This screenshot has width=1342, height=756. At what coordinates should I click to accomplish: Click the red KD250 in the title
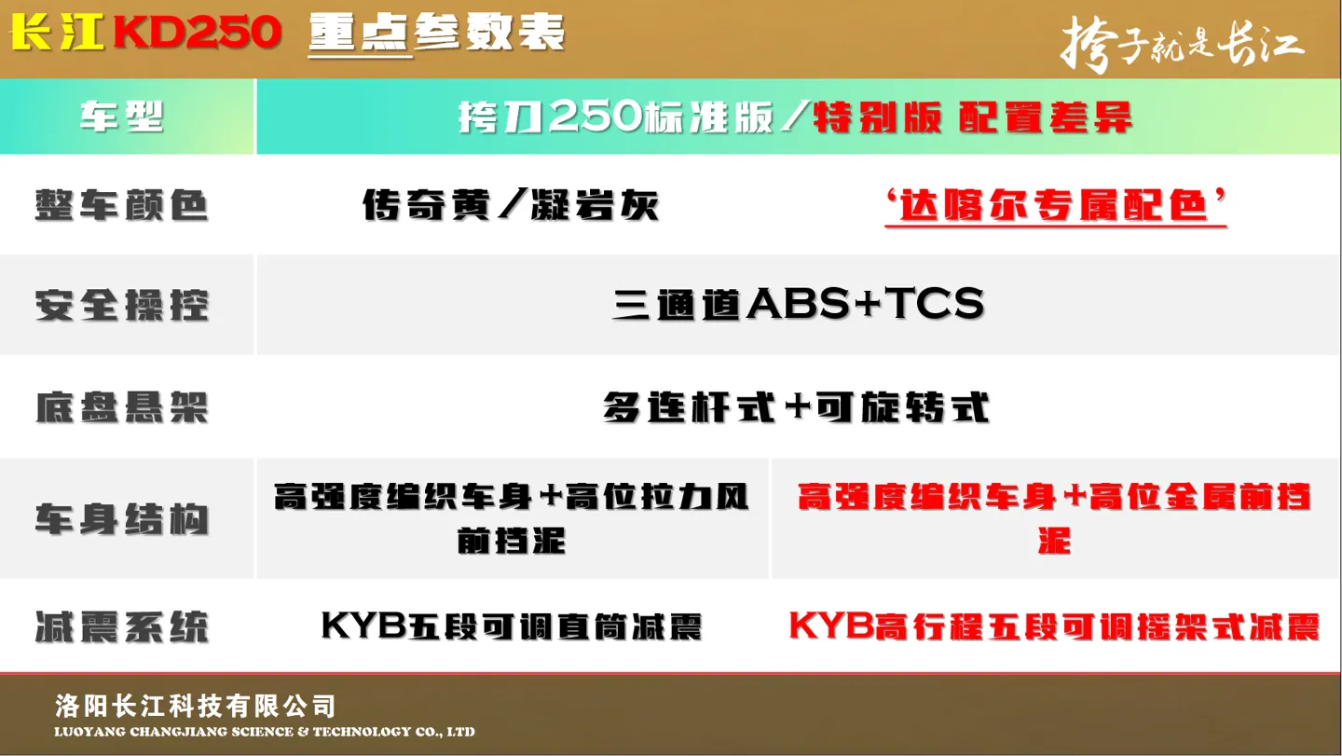pos(198,33)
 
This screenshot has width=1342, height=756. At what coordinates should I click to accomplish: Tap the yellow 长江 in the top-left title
pos(57,33)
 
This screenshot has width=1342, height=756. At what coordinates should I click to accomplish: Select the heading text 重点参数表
pos(437,33)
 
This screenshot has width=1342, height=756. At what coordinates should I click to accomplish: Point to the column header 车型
pos(121,117)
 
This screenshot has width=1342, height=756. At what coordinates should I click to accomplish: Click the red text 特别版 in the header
pos(877,117)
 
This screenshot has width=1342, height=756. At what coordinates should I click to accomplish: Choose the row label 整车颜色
pos(121,205)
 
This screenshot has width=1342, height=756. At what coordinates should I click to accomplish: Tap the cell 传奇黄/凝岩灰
pos(511,205)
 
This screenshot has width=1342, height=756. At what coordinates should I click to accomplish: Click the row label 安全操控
pos(121,305)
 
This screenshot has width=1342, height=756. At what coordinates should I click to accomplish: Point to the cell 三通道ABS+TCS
pos(798,304)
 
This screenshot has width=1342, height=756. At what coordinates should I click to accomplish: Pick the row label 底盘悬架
pos(121,407)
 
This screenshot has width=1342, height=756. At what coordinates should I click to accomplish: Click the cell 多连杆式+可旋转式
pos(796,407)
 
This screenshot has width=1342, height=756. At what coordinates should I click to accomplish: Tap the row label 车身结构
pos(121,519)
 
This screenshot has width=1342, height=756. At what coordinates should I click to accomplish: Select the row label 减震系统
pos(121,626)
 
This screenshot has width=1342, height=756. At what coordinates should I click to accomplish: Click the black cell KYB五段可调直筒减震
pos(512,626)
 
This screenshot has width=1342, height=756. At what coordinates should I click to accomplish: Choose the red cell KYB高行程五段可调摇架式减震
pos(1055,626)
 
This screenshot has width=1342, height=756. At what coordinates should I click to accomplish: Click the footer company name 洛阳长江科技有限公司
pos(196,707)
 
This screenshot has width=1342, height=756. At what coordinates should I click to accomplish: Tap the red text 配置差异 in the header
pos(1046,117)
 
